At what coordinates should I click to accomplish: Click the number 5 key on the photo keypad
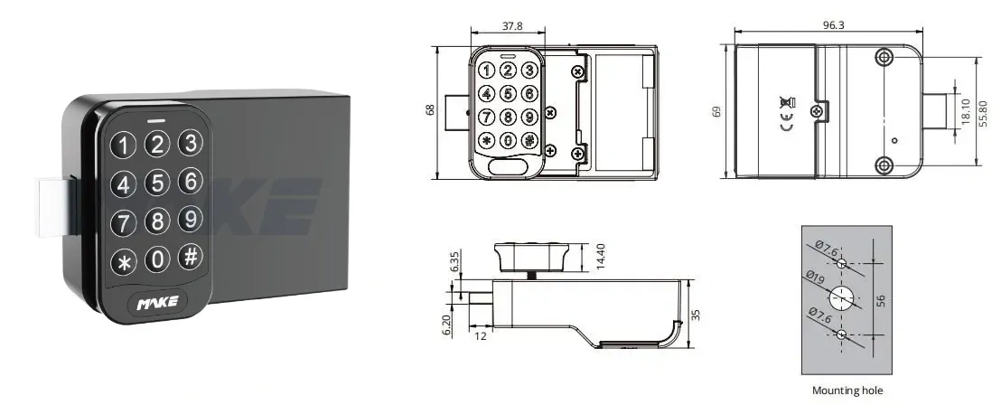(158, 184)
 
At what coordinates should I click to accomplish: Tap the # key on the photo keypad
(190, 256)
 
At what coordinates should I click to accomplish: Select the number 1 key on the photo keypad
(124, 146)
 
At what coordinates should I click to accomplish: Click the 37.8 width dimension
(511, 25)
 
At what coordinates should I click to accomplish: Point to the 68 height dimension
(430, 109)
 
